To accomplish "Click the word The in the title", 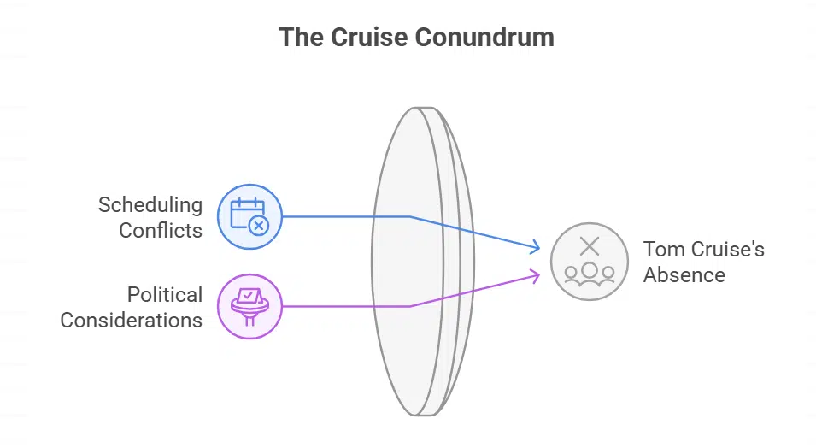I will tap(302, 38).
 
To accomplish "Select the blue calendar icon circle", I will tap(249, 216).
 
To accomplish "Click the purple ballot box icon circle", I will tap(249, 306).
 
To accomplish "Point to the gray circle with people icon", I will tap(589, 262).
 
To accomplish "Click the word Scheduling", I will tap(150, 205).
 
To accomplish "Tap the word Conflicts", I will tap(161, 230).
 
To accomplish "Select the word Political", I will tap(165, 295).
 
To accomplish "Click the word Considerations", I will tap(131, 321).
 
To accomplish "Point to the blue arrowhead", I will tap(536, 248).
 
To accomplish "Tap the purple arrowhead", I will tap(536, 274).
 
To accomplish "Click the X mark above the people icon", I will tap(589, 247).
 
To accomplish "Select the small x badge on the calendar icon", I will tap(259, 226).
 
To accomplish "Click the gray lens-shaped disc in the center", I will tap(419, 261).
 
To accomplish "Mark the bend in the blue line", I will tap(410, 216).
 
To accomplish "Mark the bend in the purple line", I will tap(410, 306).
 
